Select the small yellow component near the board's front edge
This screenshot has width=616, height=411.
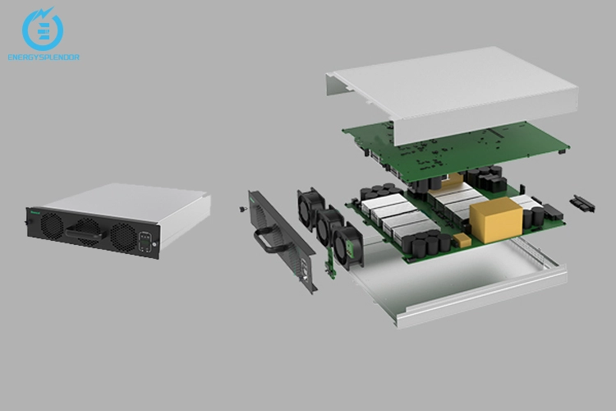tap(462, 239)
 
